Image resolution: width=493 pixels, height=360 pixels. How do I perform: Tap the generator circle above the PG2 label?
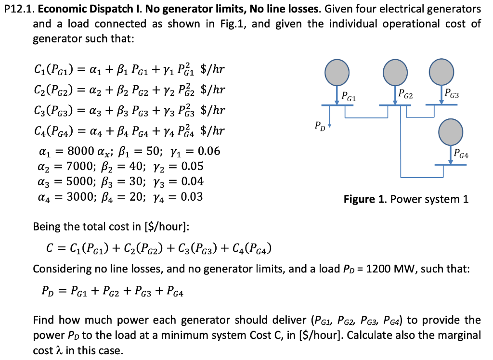[395, 72]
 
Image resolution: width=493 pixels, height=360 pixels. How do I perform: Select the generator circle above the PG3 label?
[441, 71]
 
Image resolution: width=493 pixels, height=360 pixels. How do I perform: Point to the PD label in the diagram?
[320, 127]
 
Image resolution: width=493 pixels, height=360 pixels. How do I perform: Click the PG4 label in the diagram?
[461, 154]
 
